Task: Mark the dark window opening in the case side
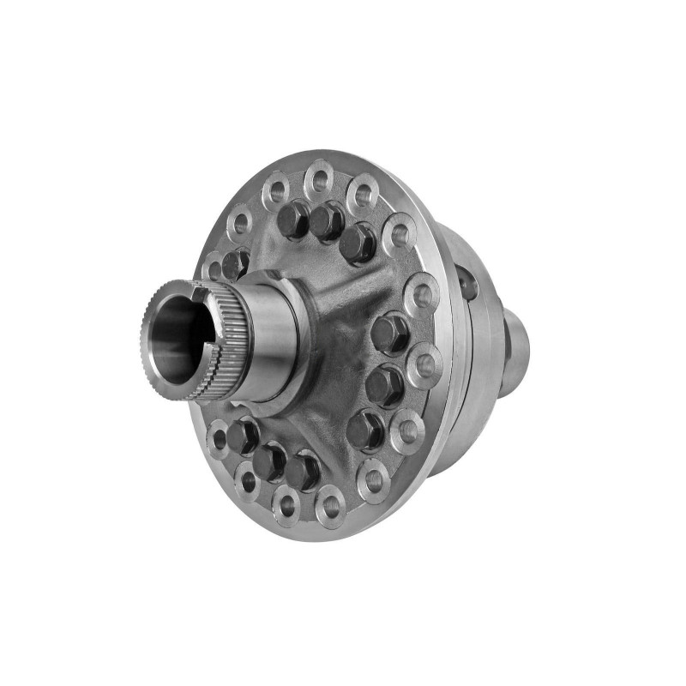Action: pyautogui.click(x=466, y=282)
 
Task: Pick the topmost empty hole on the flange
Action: pyautogui.click(x=318, y=179)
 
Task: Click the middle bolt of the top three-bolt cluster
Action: pyautogui.click(x=327, y=221)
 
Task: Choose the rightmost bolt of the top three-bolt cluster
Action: pyautogui.click(x=358, y=243)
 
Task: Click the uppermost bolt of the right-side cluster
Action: pyautogui.click(x=391, y=332)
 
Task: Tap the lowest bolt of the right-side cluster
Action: pyautogui.click(x=364, y=429)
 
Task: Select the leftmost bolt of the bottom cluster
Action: pyautogui.click(x=244, y=435)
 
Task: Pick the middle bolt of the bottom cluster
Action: pyautogui.click(x=270, y=460)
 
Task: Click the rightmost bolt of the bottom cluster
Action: pyautogui.click(x=303, y=471)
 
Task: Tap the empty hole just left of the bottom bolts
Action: pyautogui.click(x=219, y=438)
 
